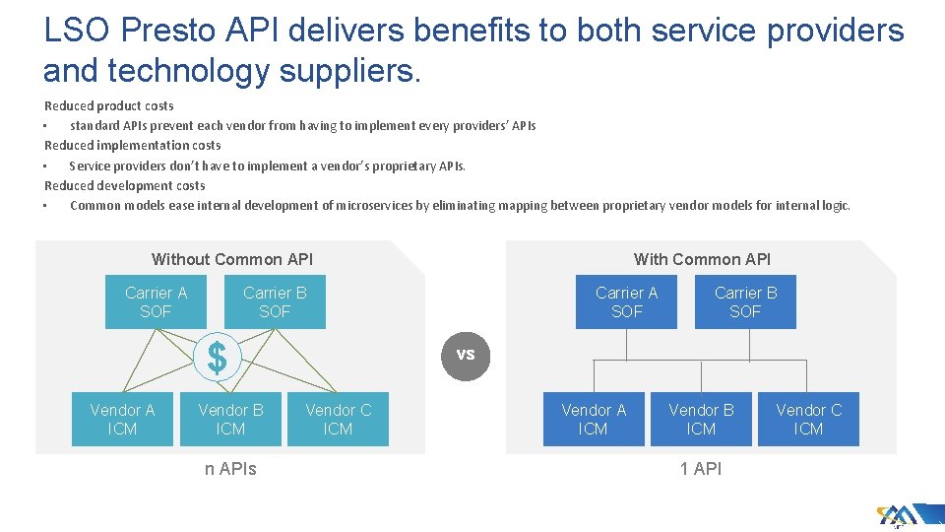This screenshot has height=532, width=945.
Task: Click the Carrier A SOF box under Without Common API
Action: [x=156, y=301]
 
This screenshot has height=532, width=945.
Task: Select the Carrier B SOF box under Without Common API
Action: [x=275, y=301]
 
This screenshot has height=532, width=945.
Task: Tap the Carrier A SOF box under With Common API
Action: [x=626, y=301]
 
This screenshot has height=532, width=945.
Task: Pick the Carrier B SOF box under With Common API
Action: [x=745, y=301]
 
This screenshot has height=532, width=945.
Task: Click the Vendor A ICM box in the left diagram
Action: [x=122, y=419]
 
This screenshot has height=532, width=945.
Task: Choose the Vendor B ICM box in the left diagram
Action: [x=230, y=419]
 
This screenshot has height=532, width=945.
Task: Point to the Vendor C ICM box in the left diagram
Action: [x=338, y=419]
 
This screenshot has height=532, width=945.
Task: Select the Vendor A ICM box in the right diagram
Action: [x=593, y=419]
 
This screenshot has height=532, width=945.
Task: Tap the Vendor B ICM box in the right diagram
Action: [x=701, y=419]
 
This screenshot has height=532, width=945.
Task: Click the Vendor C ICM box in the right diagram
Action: [x=808, y=419]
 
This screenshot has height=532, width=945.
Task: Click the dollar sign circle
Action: [x=217, y=357]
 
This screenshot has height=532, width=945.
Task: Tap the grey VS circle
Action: [x=466, y=355]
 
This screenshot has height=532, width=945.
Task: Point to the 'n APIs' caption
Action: [x=230, y=469]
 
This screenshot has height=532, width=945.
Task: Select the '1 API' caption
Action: [x=701, y=469]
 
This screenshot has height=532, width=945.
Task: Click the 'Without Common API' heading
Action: [x=232, y=259]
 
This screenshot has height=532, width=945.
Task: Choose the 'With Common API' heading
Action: [x=702, y=259]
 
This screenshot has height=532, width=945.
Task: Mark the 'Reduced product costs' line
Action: [x=109, y=105]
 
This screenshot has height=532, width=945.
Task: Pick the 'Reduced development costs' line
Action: [x=125, y=185]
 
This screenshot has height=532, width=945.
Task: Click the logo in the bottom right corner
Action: [x=902, y=515]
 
